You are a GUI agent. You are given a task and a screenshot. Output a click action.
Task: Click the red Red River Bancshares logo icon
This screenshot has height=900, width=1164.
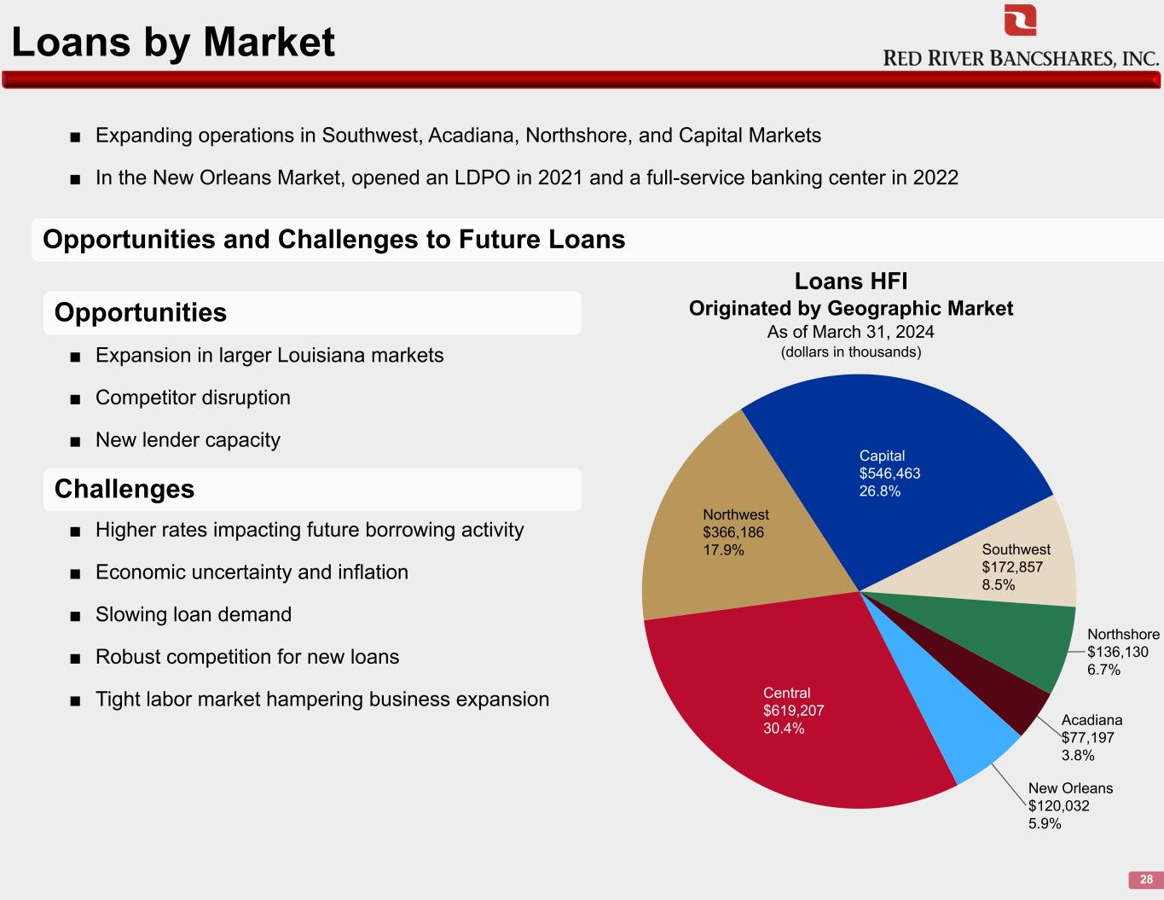pos(1020,20)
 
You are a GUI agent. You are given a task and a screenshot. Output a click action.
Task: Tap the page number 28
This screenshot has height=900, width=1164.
pos(1146,880)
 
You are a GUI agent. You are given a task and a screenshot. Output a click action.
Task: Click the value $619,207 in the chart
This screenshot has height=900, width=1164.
pos(793,711)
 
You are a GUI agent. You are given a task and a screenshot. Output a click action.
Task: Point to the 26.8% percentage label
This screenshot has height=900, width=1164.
pos(879,491)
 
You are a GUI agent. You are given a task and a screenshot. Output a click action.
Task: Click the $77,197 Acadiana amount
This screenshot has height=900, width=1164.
pos(1087,738)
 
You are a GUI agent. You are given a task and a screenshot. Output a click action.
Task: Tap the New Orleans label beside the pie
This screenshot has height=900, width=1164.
pos(1070,788)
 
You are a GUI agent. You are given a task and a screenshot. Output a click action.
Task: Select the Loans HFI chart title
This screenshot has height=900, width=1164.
pos(851,282)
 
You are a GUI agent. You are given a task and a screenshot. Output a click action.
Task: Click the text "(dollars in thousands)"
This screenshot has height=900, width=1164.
pos(851,352)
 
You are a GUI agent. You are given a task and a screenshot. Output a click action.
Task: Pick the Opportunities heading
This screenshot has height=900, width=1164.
pos(141,312)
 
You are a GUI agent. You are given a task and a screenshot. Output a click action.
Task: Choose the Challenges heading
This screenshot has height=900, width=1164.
pos(125,489)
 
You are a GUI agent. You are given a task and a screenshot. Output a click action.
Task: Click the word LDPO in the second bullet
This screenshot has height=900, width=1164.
pos(482,177)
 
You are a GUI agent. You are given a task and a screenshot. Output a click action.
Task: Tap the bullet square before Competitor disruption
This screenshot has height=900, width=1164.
pos(75,399)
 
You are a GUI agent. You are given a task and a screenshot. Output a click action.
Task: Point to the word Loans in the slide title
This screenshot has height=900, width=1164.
pos(71,42)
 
